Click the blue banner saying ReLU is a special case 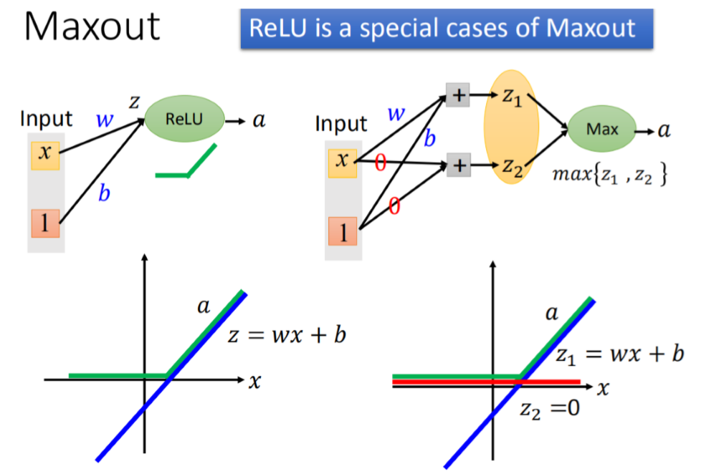[x=447, y=29]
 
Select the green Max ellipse [x=601, y=130]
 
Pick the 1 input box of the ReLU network [x=44, y=225]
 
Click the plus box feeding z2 [x=458, y=166]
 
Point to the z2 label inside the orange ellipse [x=510, y=169]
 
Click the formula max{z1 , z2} [x=611, y=175]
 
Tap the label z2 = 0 [x=549, y=409]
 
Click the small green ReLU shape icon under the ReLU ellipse [x=186, y=163]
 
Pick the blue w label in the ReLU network [x=105, y=120]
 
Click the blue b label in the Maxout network [x=429, y=139]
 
